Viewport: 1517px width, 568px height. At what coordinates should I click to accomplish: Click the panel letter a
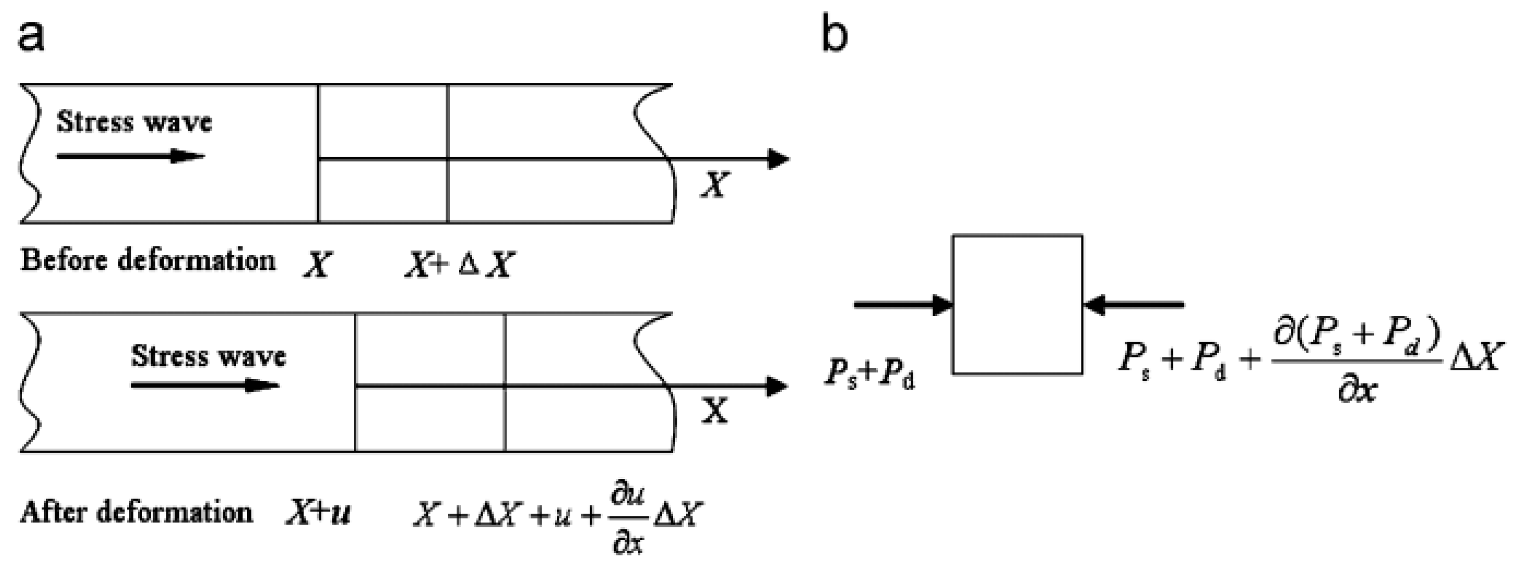31,37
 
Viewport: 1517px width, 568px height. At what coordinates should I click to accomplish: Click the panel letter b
834,37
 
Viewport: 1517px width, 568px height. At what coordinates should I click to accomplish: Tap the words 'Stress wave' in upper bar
134,122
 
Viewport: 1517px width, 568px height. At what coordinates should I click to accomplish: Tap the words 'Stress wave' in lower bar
208,356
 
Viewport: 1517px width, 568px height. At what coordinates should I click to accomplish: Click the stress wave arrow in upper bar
130,156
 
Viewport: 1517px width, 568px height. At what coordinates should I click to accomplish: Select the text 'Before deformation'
148,260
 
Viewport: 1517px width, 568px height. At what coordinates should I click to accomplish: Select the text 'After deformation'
136,511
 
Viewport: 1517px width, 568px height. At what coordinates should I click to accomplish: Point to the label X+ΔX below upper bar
459,265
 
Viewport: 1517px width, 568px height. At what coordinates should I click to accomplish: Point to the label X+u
318,513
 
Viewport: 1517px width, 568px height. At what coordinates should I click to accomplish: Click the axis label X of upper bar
715,185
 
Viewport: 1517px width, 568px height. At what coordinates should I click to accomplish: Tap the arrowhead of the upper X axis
778,159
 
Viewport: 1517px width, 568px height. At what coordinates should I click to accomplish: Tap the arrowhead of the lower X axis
777,387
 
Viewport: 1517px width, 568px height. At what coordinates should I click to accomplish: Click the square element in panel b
1017,305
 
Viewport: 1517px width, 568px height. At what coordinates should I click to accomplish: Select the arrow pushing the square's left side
902,305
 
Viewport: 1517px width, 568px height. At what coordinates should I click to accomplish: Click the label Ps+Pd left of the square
869,375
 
